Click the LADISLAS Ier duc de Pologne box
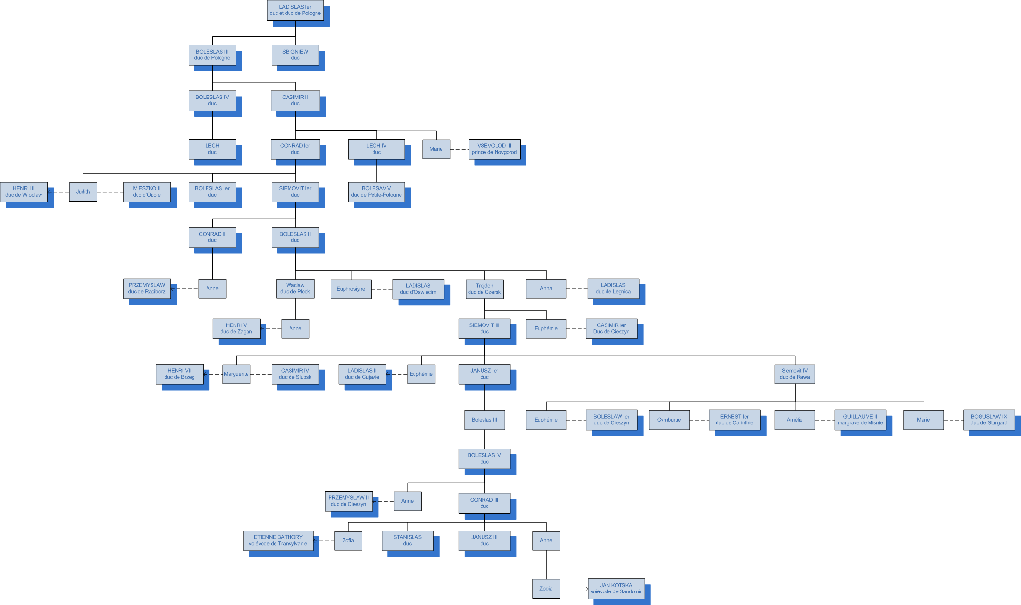295,10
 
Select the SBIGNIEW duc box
295,55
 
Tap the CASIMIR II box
295,100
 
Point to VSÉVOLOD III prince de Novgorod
494,149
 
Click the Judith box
83,192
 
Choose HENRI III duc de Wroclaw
24,192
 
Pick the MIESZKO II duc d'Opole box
147,192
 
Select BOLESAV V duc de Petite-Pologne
376,192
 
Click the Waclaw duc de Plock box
295,289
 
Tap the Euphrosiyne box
351,289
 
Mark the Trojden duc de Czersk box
484,289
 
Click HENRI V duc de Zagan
236,328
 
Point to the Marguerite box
236,374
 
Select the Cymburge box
669,420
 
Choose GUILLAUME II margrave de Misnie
860,420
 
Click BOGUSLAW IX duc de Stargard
989,420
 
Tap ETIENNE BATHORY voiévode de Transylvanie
278,540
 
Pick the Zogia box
546,589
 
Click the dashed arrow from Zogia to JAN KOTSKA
574,589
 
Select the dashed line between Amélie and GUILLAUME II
825,420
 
